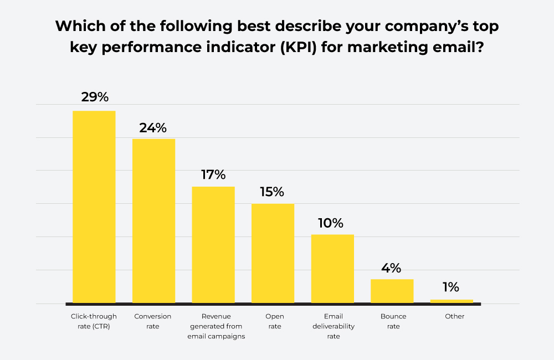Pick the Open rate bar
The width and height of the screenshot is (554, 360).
(x=273, y=253)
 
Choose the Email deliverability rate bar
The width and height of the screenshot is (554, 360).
(x=332, y=269)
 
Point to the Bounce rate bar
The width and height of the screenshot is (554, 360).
(x=392, y=291)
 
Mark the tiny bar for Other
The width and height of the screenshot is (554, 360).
(x=452, y=301)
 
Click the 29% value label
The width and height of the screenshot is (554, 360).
(x=95, y=97)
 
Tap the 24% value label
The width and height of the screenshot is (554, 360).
(x=153, y=127)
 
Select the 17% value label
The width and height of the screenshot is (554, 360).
(x=213, y=175)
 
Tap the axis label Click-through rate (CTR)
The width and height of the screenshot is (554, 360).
(x=94, y=321)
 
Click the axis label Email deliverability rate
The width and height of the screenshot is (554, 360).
(x=332, y=326)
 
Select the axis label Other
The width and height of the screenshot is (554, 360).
(x=455, y=316)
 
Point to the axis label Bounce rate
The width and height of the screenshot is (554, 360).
(x=393, y=321)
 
